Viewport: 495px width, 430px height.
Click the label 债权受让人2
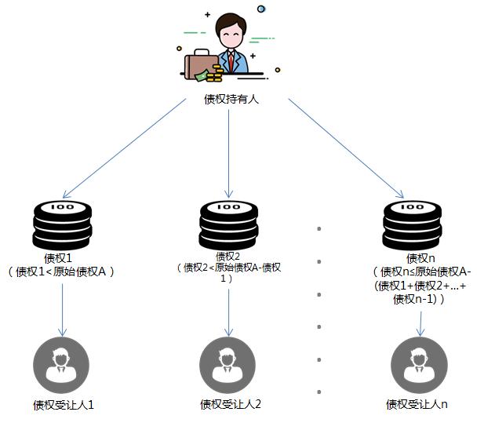230,404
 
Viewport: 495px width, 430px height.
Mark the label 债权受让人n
417,404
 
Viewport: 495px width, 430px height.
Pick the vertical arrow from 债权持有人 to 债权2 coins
228,149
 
